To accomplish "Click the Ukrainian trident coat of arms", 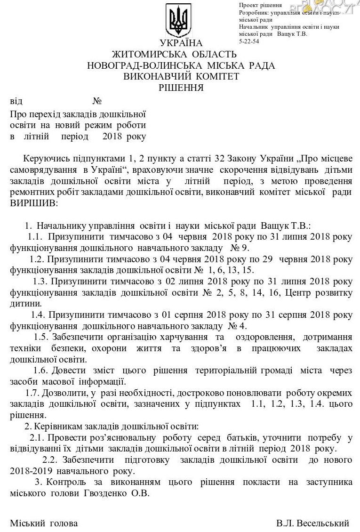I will point(179,21).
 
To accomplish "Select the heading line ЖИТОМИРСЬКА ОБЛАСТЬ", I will point(181,55).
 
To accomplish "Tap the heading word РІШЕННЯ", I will point(181,87).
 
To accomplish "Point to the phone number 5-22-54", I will point(249,41).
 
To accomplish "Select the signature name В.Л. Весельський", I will point(313,523).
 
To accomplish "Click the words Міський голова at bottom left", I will point(44,523).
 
